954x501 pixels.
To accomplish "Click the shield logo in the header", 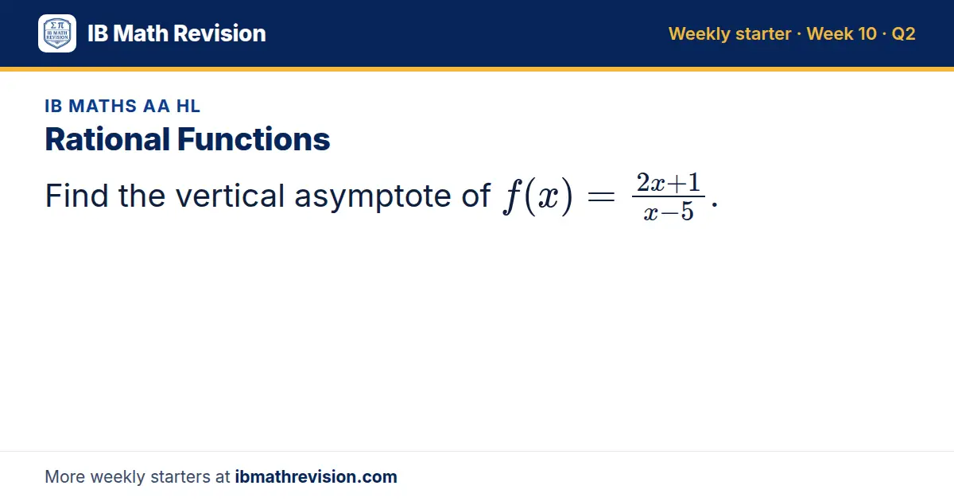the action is pos(57,33).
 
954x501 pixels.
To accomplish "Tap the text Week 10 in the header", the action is pos(842,33).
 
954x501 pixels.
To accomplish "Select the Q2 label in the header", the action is pos(903,33).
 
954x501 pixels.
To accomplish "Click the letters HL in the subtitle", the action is pos(188,106).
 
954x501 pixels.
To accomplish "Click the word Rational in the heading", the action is pos(107,139).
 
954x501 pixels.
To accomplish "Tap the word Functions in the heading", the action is pos(254,139).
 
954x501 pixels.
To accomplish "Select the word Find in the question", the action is pos(76,196).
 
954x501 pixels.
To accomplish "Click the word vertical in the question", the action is pos(230,196).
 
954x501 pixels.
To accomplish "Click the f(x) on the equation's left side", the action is pos(538,196).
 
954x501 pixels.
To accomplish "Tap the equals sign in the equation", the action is pos(601,196).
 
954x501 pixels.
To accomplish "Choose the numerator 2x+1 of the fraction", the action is pos(669,183).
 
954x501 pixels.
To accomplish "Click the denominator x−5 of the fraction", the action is pos(669,212).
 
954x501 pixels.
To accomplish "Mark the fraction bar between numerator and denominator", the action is pos(669,196).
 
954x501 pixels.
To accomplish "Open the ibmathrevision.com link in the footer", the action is pos(316,476).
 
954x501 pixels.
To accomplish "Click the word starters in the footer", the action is pos(180,477).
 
